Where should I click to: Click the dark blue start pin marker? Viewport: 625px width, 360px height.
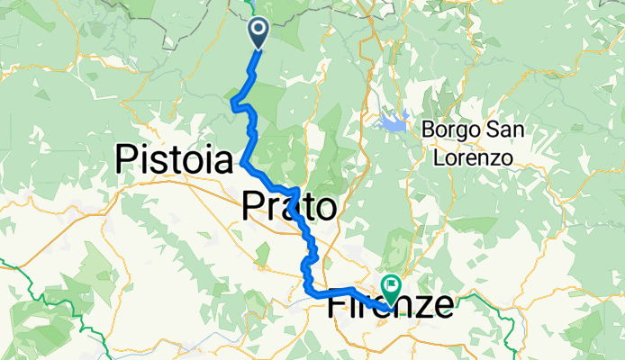(x=258, y=32)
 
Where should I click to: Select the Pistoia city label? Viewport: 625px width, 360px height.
(x=175, y=161)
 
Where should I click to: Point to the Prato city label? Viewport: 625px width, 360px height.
(x=289, y=208)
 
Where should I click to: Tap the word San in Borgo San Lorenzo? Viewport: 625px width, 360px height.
(x=504, y=130)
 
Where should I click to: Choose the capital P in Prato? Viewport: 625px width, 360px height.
(x=252, y=208)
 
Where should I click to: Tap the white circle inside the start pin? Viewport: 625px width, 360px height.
(x=258, y=30)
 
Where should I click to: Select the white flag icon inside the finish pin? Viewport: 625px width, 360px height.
(x=393, y=284)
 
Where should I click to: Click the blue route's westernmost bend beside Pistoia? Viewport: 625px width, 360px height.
(x=242, y=163)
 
